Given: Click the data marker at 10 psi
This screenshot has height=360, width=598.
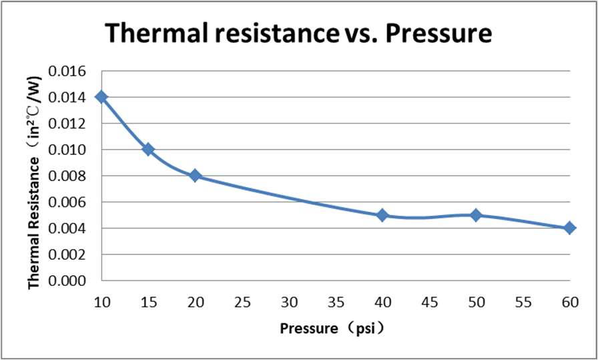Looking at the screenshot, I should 101,97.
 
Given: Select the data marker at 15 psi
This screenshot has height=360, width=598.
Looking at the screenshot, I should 148,150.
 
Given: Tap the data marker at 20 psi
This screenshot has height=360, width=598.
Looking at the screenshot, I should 195,176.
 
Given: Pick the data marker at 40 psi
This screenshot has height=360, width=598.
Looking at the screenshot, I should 382,215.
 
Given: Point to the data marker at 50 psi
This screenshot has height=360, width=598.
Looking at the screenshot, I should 476,215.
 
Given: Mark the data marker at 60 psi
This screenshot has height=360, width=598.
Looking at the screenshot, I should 569,228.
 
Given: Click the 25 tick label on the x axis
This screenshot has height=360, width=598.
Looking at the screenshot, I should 242,302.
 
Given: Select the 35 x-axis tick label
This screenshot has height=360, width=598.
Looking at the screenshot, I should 336,302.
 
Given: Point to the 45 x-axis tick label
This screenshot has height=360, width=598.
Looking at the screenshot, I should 429,302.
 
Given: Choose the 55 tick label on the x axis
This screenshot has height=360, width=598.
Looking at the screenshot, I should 523,302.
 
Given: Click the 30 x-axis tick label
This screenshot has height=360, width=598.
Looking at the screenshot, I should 289,302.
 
